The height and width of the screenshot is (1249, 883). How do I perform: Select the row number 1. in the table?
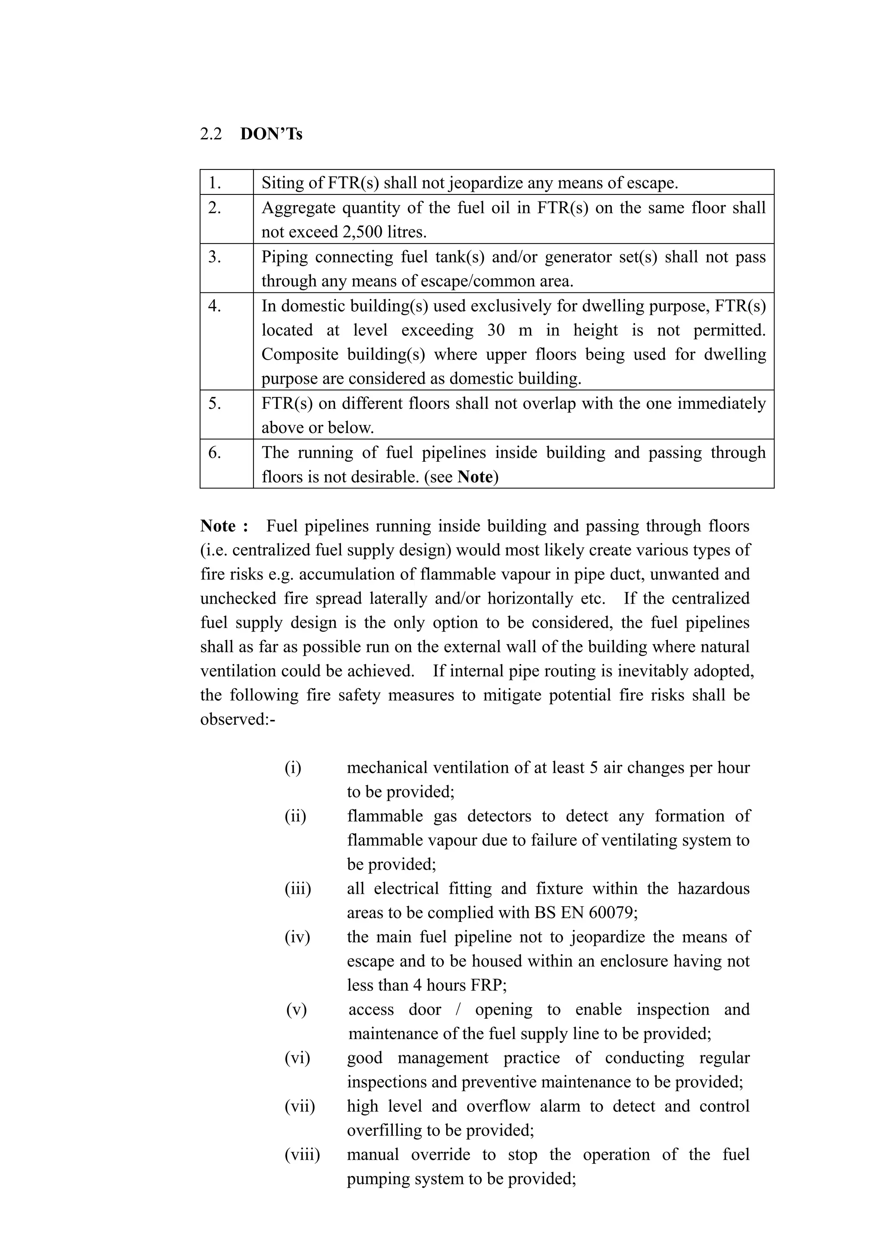point(215,183)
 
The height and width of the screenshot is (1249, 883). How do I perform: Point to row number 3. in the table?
point(215,257)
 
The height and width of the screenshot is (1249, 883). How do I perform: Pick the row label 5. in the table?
point(215,403)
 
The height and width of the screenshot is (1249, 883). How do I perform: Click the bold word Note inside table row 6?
point(475,477)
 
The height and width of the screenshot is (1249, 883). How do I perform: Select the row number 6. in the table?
point(215,453)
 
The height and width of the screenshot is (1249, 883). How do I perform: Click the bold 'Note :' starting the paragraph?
point(224,526)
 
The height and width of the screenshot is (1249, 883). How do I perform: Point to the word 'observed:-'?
point(238,719)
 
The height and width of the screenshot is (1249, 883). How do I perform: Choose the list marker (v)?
point(297,1010)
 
